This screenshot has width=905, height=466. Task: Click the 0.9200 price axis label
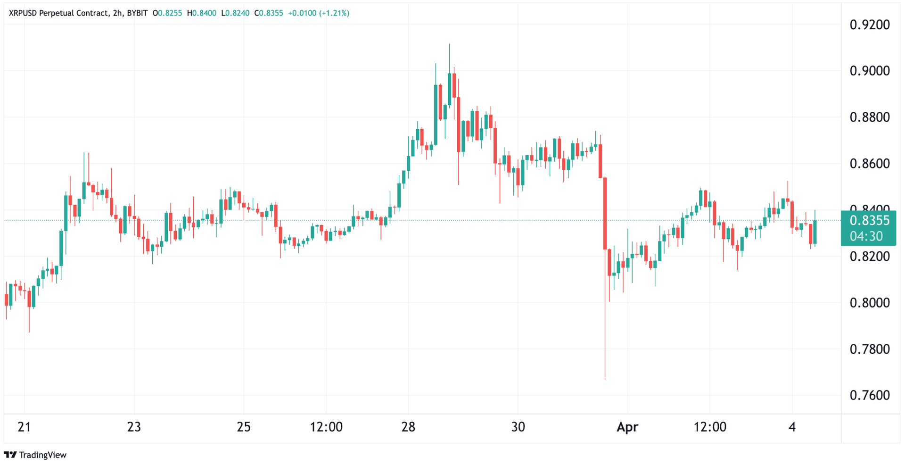[x=869, y=25]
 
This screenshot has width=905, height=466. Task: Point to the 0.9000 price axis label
[x=869, y=71]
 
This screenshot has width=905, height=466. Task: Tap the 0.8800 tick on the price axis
[x=869, y=117]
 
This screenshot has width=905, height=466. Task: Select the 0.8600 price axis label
[x=869, y=164]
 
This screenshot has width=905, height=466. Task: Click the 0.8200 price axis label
[x=869, y=256]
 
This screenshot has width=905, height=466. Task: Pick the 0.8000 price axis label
[x=869, y=302]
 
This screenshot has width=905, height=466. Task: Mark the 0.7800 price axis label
[x=869, y=349]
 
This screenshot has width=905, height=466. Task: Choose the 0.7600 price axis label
[x=869, y=395]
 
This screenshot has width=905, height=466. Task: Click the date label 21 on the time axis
[x=24, y=427]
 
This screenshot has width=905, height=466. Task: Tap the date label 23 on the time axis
[x=134, y=427]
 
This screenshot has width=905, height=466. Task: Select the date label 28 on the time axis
[x=408, y=427]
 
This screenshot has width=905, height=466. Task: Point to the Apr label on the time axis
[x=627, y=427]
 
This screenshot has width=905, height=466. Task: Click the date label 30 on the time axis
[x=518, y=427]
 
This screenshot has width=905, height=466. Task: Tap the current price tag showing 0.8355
[x=869, y=220]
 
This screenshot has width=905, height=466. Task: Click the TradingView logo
[x=35, y=455]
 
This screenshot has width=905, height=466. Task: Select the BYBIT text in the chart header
[x=137, y=13]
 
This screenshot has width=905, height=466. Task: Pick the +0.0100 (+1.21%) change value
[x=319, y=13]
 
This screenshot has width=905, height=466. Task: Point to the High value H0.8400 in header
[x=202, y=13]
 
